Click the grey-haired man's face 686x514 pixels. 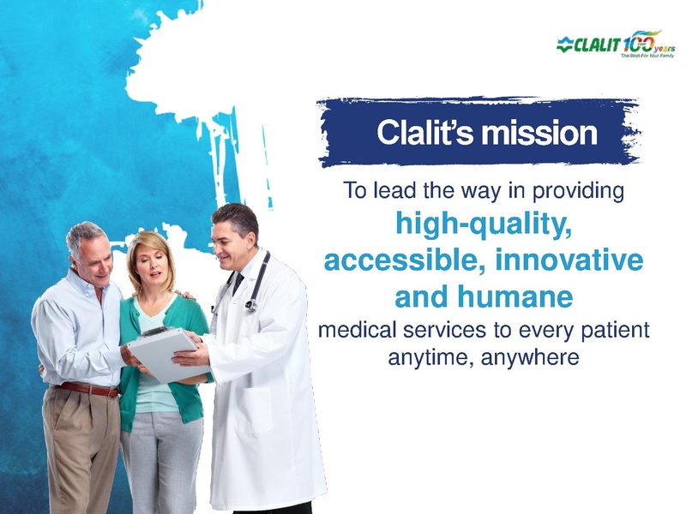[92, 254]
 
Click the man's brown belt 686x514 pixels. [86, 390]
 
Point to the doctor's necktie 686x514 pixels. [238, 283]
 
